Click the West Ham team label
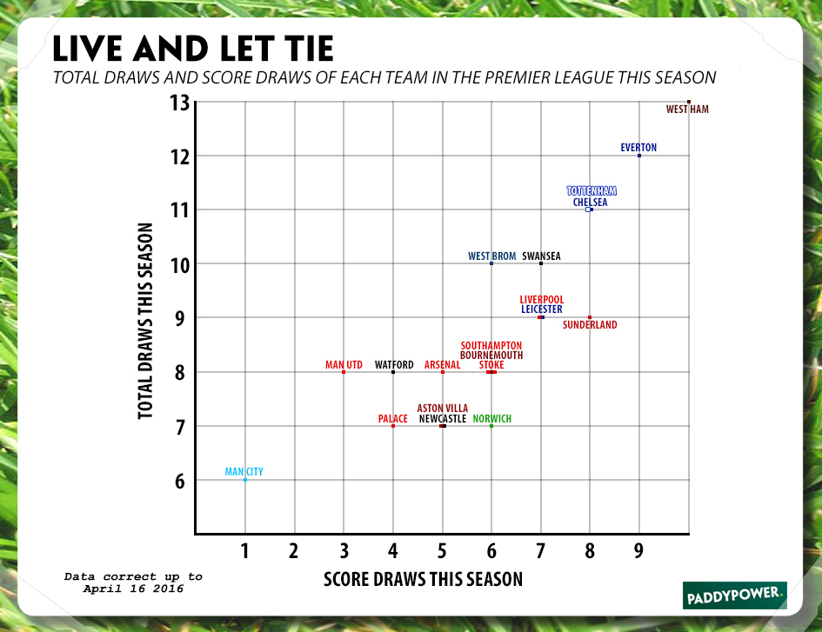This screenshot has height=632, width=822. (x=687, y=110)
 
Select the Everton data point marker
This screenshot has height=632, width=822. (x=639, y=156)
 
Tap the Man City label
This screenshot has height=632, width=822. (x=244, y=472)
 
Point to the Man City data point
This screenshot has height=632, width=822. (x=245, y=480)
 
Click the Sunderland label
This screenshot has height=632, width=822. (x=590, y=325)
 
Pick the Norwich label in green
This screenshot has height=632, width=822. (x=492, y=419)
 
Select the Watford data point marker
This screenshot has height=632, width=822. (x=393, y=372)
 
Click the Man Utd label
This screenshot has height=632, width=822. (x=344, y=365)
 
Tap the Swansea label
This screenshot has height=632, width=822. (x=542, y=256)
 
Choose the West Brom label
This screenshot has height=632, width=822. (x=492, y=256)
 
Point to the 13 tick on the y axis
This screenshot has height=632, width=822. (x=179, y=103)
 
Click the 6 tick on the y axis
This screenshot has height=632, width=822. (x=179, y=481)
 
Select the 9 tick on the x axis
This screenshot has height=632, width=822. (x=639, y=550)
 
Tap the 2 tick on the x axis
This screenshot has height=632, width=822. (x=294, y=550)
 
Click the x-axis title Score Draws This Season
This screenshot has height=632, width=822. (x=423, y=579)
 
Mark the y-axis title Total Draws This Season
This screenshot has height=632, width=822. (x=146, y=322)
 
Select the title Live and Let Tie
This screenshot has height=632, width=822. (x=192, y=48)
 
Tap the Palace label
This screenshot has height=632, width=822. (x=393, y=419)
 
